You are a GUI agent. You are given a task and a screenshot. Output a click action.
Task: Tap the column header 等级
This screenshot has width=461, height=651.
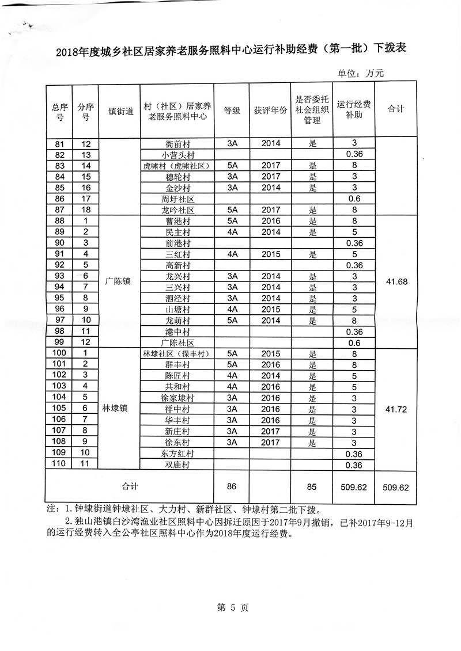232,110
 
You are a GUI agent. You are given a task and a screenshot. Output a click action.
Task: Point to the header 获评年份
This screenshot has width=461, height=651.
270,110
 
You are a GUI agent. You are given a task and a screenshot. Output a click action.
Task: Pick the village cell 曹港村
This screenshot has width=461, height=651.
176,220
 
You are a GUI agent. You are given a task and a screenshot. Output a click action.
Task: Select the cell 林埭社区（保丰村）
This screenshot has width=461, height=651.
176,353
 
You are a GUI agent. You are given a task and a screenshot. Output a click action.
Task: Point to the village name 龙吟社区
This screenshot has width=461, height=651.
176,210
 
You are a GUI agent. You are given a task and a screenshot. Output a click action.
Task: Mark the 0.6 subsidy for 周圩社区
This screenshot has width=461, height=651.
354,199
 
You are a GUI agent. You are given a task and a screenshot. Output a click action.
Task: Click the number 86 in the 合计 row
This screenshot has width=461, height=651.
232,487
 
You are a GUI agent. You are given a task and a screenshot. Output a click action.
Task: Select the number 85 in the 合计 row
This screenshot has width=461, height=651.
312,487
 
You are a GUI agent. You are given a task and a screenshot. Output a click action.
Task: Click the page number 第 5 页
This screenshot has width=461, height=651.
231,606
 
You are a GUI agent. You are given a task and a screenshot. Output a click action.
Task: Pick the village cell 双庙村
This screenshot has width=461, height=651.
176,465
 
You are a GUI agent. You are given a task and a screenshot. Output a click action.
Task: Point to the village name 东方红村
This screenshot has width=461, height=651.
176,454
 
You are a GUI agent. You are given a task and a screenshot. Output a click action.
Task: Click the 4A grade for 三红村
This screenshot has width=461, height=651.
232,254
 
